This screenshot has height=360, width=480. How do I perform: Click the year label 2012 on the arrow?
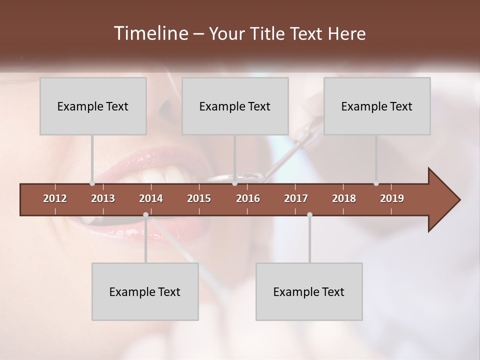55,198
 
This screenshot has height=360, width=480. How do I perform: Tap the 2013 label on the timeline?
103,198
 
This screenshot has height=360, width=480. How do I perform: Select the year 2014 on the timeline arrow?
151,198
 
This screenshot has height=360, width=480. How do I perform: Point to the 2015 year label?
199,198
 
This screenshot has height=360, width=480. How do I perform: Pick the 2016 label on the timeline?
248,198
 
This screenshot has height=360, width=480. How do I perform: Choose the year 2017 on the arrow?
296,198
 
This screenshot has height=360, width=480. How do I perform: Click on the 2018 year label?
344,198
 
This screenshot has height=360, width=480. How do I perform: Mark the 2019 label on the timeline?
392,198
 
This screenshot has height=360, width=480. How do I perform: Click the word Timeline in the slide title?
150,33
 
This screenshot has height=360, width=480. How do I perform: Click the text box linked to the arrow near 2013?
93,106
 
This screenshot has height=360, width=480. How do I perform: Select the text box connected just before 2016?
235,106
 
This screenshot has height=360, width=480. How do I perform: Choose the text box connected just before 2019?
377,106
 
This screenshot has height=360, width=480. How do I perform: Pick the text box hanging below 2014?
145,291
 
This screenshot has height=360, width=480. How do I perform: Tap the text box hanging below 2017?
309,291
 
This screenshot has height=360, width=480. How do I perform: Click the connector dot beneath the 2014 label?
145,214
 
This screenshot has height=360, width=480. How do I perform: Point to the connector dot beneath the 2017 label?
309,214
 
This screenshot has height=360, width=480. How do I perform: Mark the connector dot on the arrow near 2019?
376,183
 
